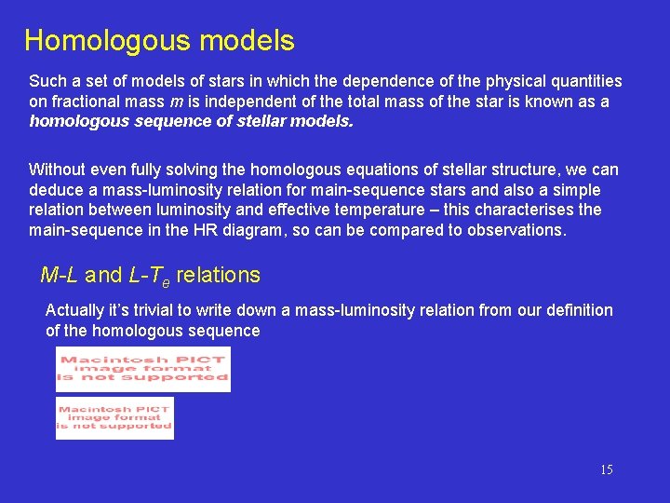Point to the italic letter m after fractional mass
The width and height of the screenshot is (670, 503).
[x=177, y=102]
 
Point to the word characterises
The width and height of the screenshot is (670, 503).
[x=530, y=211]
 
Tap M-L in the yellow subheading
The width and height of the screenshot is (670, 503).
[x=60, y=275]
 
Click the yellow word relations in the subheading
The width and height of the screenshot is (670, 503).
[x=218, y=275]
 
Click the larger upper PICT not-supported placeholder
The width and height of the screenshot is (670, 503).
[x=142, y=370]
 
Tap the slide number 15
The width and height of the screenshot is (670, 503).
[x=606, y=469]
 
